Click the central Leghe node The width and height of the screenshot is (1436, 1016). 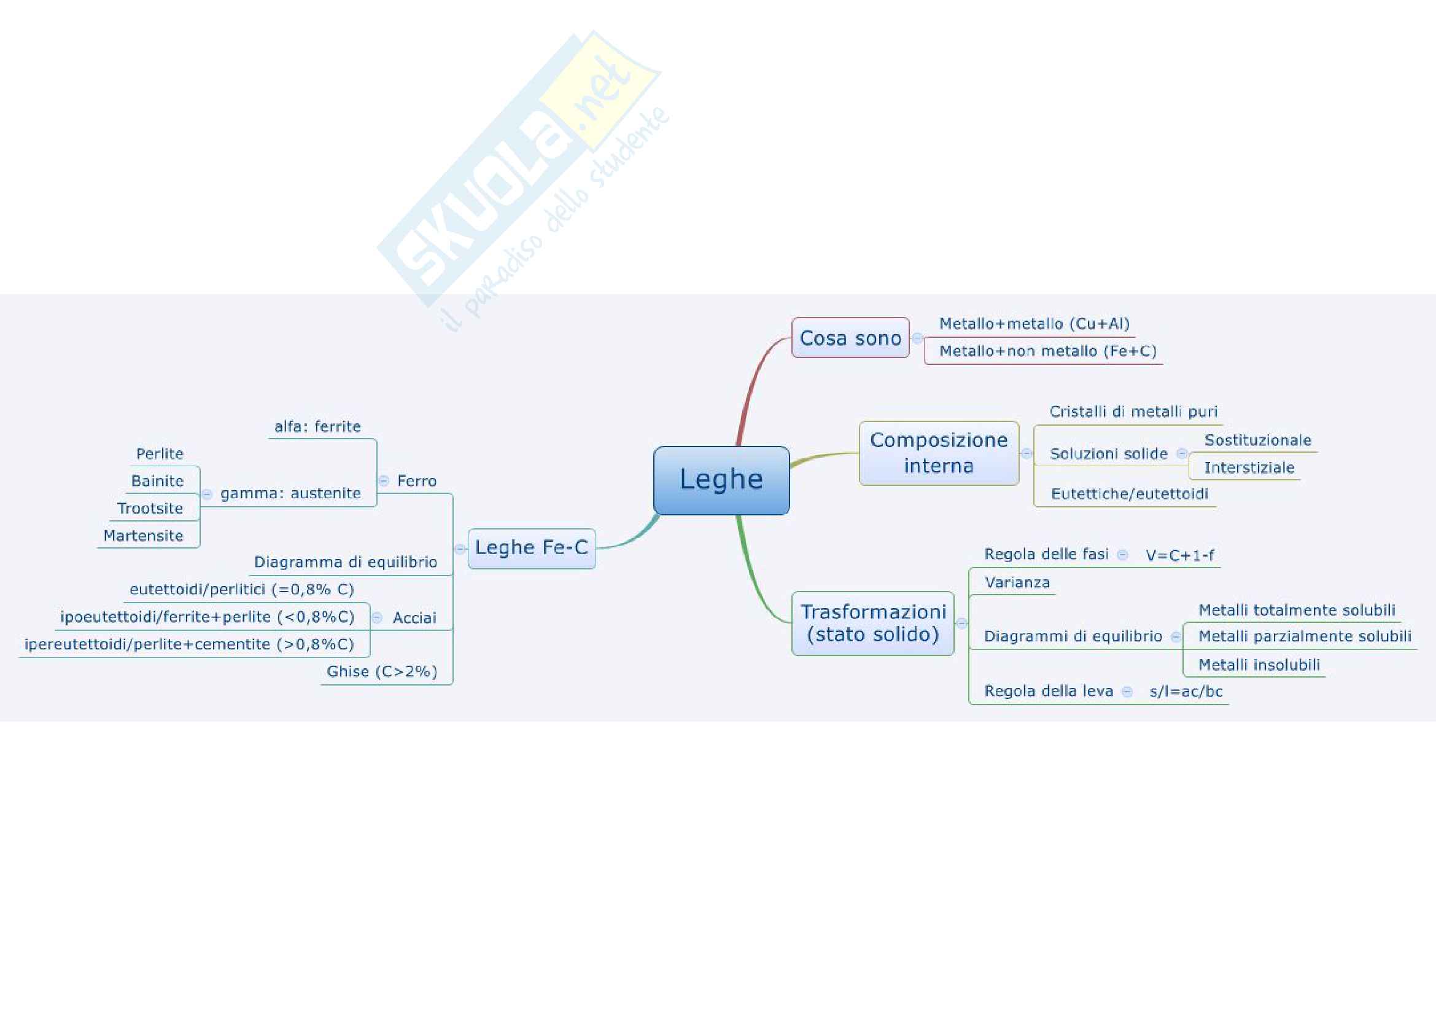[x=721, y=480]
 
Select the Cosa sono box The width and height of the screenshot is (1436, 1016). [x=850, y=338]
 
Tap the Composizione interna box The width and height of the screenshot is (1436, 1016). [x=939, y=453]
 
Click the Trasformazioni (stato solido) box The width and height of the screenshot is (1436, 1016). [x=872, y=623]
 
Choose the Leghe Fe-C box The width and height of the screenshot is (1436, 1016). [x=532, y=548]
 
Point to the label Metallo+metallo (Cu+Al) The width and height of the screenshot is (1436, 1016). [x=1034, y=324]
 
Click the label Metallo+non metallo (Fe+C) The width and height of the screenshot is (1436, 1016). [x=1047, y=351]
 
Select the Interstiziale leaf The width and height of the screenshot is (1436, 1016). [x=1249, y=468]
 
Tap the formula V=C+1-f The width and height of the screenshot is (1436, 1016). [x=1179, y=555]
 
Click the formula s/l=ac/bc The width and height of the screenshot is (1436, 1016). [x=1186, y=691]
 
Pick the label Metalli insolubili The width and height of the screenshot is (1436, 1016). [x=1259, y=665]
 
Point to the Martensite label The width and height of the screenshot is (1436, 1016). [x=143, y=536]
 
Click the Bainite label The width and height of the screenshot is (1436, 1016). [x=158, y=481]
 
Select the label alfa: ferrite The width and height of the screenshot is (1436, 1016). [x=318, y=427]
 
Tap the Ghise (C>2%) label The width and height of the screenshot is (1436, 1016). [x=381, y=672]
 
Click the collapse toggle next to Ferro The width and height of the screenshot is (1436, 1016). [x=384, y=481]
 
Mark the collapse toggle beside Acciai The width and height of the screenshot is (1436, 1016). [x=377, y=618]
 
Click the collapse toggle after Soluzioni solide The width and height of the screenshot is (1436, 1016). [x=1181, y=453]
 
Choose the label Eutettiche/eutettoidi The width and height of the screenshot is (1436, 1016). [x=1130, y=494]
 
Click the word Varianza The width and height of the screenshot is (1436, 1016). [x=1017, y=583]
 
